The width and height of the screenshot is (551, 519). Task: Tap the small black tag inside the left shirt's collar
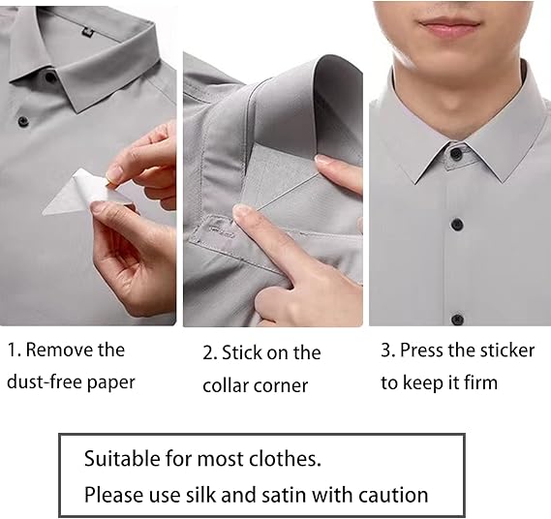pos(88,33)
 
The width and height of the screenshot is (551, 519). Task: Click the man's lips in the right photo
pos(449,27)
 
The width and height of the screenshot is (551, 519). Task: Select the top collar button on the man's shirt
pos(456,153)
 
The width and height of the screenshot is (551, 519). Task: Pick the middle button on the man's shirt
pos(457,224)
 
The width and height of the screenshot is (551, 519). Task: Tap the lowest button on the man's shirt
pos(457,320)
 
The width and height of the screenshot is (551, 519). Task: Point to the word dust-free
pos(45,382)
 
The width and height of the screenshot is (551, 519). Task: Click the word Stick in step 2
pos(242,352)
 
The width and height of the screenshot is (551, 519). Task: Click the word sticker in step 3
pos(507,351)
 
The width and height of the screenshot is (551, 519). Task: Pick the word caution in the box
pos(393,496)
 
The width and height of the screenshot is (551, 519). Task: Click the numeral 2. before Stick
pos(210,353)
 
